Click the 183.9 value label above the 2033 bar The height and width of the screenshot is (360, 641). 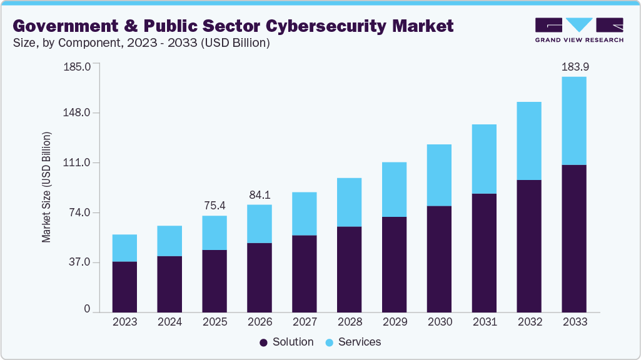click(573, 66)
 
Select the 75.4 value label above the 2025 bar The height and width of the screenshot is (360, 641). click(215, 206)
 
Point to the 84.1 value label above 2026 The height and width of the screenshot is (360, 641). click(260, 194)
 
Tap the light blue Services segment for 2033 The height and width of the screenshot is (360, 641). click(573, 121)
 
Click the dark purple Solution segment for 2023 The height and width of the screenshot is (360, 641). click(124, 286)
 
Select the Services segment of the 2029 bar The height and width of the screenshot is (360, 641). click(395, 189)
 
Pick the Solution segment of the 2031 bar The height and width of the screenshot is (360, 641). click(484, 252)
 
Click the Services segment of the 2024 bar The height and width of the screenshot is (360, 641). click(169, 241)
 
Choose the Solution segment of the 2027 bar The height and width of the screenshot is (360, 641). click(305, 273)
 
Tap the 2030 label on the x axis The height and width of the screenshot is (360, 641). click(440, 322)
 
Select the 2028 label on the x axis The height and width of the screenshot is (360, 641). click(350, 322)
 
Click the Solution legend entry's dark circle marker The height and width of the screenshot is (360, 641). click(263, 342)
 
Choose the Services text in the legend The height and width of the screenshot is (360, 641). click(360, 342)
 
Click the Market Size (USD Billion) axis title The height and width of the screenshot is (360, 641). click(46, 187)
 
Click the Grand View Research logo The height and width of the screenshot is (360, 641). click(579, 30)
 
